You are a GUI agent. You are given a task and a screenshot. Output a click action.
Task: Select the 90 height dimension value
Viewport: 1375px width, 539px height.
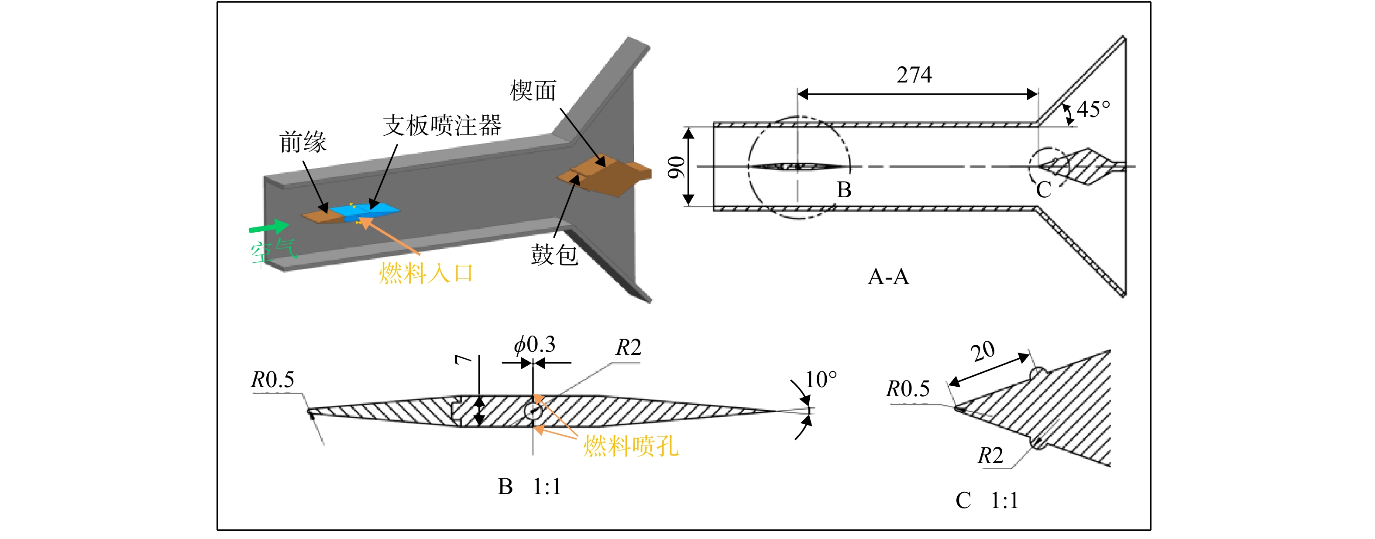click(676, 167)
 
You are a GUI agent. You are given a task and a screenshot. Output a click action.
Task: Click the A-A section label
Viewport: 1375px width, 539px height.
click(888, 276)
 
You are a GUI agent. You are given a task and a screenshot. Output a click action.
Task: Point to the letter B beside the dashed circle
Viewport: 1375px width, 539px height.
click(844, 189)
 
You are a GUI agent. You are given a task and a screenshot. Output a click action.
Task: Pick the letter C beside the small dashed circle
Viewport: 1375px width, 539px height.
click(1044, 189)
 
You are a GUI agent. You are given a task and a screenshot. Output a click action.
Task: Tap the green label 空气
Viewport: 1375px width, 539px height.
click(273, 251)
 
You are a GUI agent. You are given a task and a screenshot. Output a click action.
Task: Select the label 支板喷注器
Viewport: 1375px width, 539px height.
click(442, 125)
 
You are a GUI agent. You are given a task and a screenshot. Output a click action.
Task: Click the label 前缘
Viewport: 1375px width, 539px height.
click(302, 142)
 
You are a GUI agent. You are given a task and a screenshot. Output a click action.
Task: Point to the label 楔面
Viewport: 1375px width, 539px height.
click(533, 90)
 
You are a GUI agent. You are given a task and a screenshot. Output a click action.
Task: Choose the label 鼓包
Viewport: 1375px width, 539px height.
click(554, 254)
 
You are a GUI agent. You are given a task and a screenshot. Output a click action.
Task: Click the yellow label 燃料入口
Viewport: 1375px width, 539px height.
click(426, 273)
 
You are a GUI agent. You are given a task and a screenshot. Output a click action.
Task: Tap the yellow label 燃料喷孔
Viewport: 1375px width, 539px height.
click(630, 446)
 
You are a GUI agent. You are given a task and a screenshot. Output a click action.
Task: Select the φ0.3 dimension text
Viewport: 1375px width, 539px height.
click(534, 345)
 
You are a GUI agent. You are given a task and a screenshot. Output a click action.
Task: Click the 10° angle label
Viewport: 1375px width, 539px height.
click(821, 379)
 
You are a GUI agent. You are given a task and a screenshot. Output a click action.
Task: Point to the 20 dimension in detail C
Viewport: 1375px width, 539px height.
click(983, 352)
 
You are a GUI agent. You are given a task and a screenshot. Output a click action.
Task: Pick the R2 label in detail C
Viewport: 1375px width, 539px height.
click(990, 456)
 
